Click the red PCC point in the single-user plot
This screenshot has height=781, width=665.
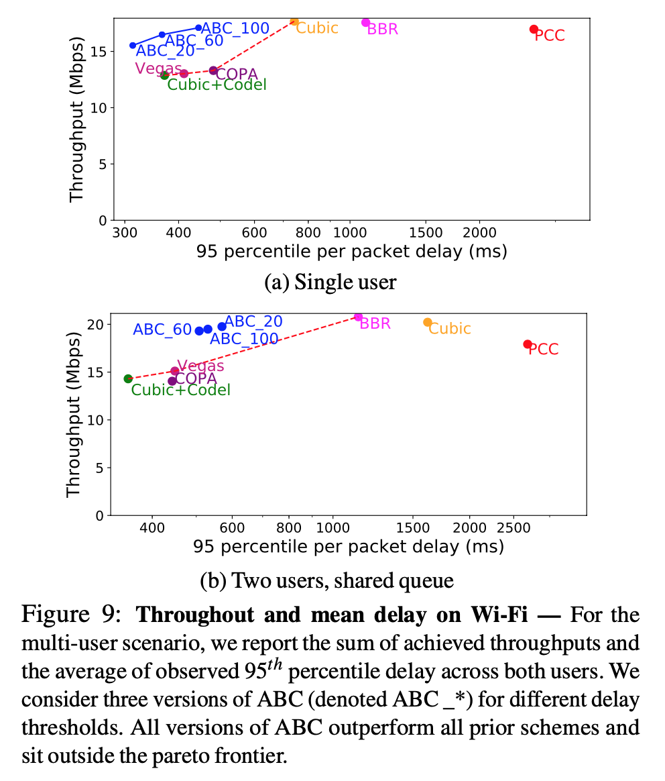tap(534, 29)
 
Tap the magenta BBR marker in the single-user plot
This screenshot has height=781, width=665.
tap(365, 23)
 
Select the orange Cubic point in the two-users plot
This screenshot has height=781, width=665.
tap(428, 323)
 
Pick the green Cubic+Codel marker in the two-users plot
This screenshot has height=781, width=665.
tap(128, 378)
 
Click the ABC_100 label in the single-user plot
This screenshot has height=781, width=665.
tap(235, 28)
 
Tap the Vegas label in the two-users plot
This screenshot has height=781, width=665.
tap(200, 366)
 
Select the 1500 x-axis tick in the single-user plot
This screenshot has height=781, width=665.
tap(426, 233)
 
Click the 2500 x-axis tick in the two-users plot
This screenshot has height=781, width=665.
tap(514, 528)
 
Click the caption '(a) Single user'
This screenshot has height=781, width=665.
tap(330, 282)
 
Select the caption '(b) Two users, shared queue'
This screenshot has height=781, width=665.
tap(327, 581)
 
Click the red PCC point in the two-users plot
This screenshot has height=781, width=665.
tap(528, 344)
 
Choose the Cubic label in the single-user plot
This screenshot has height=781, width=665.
tap(317, 28)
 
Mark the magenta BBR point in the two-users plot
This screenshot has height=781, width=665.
tap(358, 317)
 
